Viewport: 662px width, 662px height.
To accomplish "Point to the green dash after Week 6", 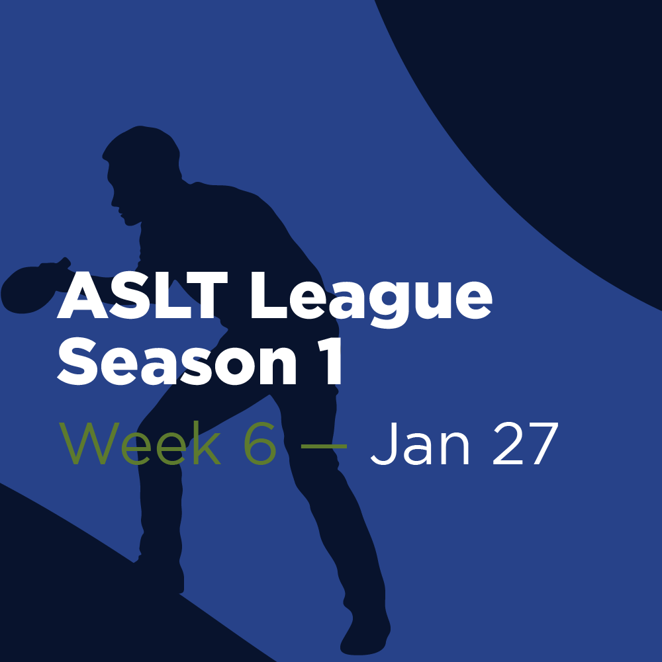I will pos(323,446).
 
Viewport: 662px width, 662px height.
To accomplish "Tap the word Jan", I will pos(420,444).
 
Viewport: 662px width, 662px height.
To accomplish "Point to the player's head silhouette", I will pos(142,165).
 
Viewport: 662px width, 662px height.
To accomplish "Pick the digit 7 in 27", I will pos(542,444).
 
